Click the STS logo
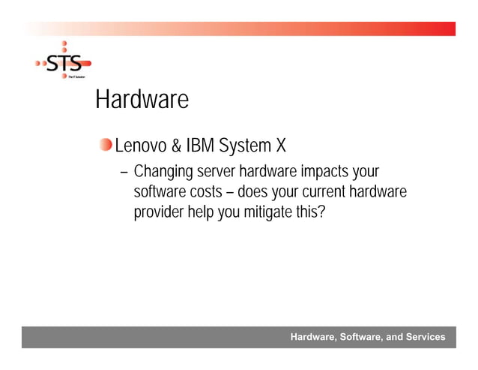[x=64, y=63]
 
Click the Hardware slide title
[x=141, y=100]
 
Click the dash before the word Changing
[x=124, y=173]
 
